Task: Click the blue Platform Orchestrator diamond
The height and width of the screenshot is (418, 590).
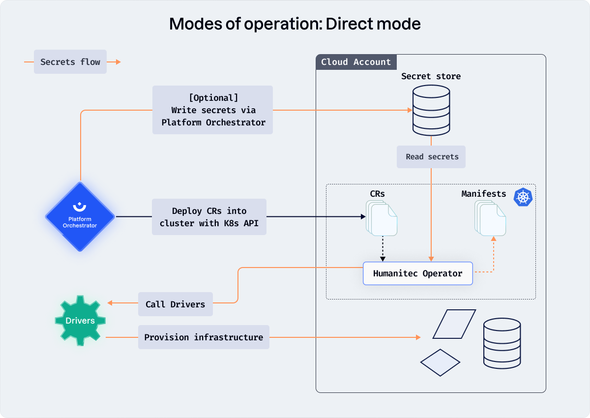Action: (80, 216)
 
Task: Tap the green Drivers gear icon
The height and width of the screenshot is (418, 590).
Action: (80, 320)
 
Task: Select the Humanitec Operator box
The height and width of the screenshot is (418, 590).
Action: (418, 273)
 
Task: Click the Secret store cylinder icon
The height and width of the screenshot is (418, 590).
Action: (431, 110)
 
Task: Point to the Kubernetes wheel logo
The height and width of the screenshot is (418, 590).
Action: (523, 197)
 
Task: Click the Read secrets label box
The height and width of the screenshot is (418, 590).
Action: (431, 157)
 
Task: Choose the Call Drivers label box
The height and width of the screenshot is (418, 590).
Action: (176, 304)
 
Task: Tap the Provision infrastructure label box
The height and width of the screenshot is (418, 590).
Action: (204, 337)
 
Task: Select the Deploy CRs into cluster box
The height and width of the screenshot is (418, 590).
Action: (209, 217)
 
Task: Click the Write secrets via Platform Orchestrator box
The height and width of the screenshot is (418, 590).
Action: (212, 110)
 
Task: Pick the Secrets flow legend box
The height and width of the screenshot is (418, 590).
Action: (70, 61)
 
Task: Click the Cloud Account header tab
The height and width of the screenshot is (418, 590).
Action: (356, 62)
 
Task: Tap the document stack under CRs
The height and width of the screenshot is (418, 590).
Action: (382, 218)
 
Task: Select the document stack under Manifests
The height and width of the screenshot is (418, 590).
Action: (490, 218)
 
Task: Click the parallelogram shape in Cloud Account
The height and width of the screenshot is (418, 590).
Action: (454, 324)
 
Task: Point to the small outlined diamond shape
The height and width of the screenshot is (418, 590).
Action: (440, 362)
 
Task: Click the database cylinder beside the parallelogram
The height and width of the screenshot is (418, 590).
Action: (502, 343)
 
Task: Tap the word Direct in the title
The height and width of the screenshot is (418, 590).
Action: (349, 24)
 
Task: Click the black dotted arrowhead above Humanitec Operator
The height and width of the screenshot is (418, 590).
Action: (383, 259)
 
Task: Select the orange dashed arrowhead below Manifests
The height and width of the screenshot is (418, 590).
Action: (494, 239)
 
